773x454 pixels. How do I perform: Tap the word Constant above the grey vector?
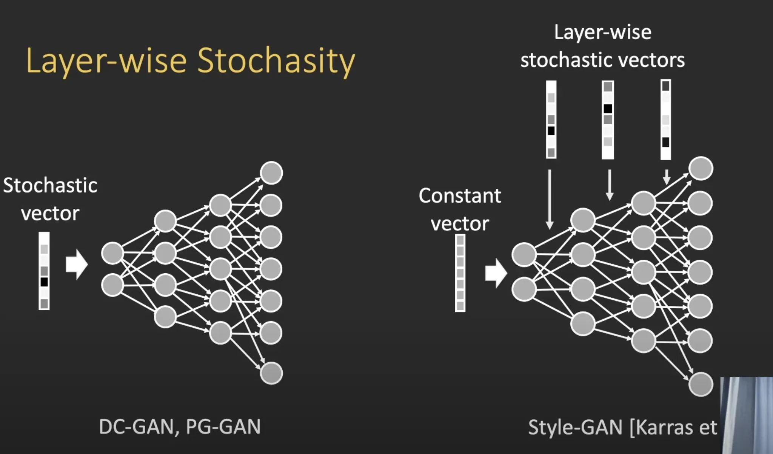pos(460,196)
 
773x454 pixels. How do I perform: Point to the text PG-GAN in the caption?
pos(223,427)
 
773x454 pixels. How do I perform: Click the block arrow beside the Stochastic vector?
pos(77,264)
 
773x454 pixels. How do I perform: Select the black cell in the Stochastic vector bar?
pos(44,282)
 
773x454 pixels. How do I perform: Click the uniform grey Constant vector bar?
pos(460,273)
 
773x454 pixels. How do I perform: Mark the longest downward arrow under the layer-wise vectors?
pos(550,199)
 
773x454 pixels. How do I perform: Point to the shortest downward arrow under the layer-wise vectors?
pos(667,176)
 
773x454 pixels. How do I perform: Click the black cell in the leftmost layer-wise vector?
pos(551,131)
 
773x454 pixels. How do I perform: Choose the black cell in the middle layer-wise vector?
pos(608,109)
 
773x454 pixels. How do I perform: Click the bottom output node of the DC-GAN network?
pos(271,373)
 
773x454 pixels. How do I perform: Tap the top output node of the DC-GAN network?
pos(271,173)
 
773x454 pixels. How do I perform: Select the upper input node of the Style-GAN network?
pos(524,254)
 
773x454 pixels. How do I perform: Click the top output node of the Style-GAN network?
pos(701,168)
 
